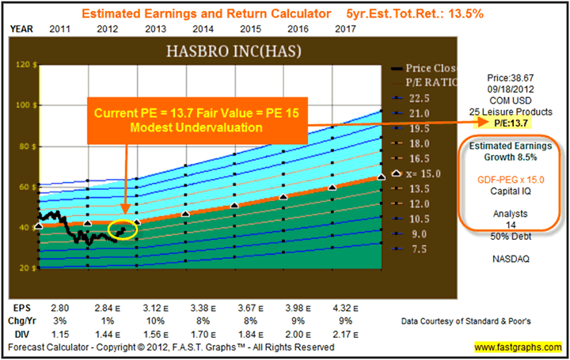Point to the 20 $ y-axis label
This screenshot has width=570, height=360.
[x=28, y=267]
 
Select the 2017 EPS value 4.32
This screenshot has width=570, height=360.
[x=342, y=306]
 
